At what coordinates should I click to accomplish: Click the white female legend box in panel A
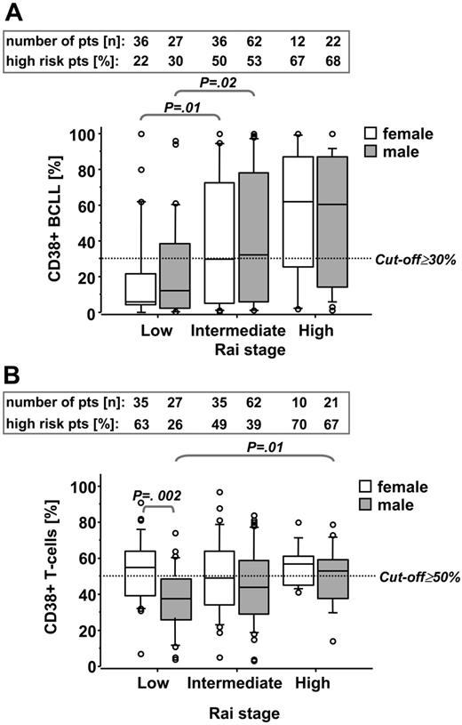[x=375, y=133]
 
